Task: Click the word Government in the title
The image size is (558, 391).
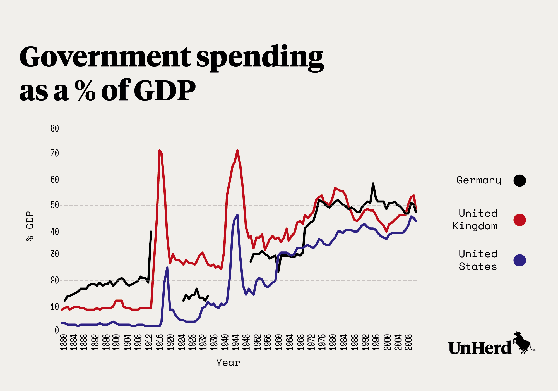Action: (x=105, y=57)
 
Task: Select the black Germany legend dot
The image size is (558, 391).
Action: (x=519, y=180)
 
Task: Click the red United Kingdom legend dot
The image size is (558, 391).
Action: (x=519, y=220)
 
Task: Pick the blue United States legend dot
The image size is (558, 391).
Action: (x=519, y=260)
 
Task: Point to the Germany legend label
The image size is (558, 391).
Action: (x=479, y=180)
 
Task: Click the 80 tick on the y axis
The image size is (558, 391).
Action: (x=55, y=128)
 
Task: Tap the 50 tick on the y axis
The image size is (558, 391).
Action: (x=55, y=205)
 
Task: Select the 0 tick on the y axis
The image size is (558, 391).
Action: (x=57, y=330)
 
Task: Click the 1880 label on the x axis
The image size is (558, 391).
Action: (x=64, y=342)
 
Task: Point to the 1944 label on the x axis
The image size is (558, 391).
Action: (x=235, y=342)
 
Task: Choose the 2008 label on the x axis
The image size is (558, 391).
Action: (x=409, y=342)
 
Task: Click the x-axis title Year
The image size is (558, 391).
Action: (x=228, y=363)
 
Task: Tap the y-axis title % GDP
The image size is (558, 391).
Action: (x=30, y=226)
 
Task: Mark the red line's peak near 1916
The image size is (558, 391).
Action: (x=159, y=151)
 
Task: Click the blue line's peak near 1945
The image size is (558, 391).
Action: (x=237, y=215)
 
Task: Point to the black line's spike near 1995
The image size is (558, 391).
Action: (x=373, y=183)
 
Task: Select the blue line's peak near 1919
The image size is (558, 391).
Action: (x=167, y=268)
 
